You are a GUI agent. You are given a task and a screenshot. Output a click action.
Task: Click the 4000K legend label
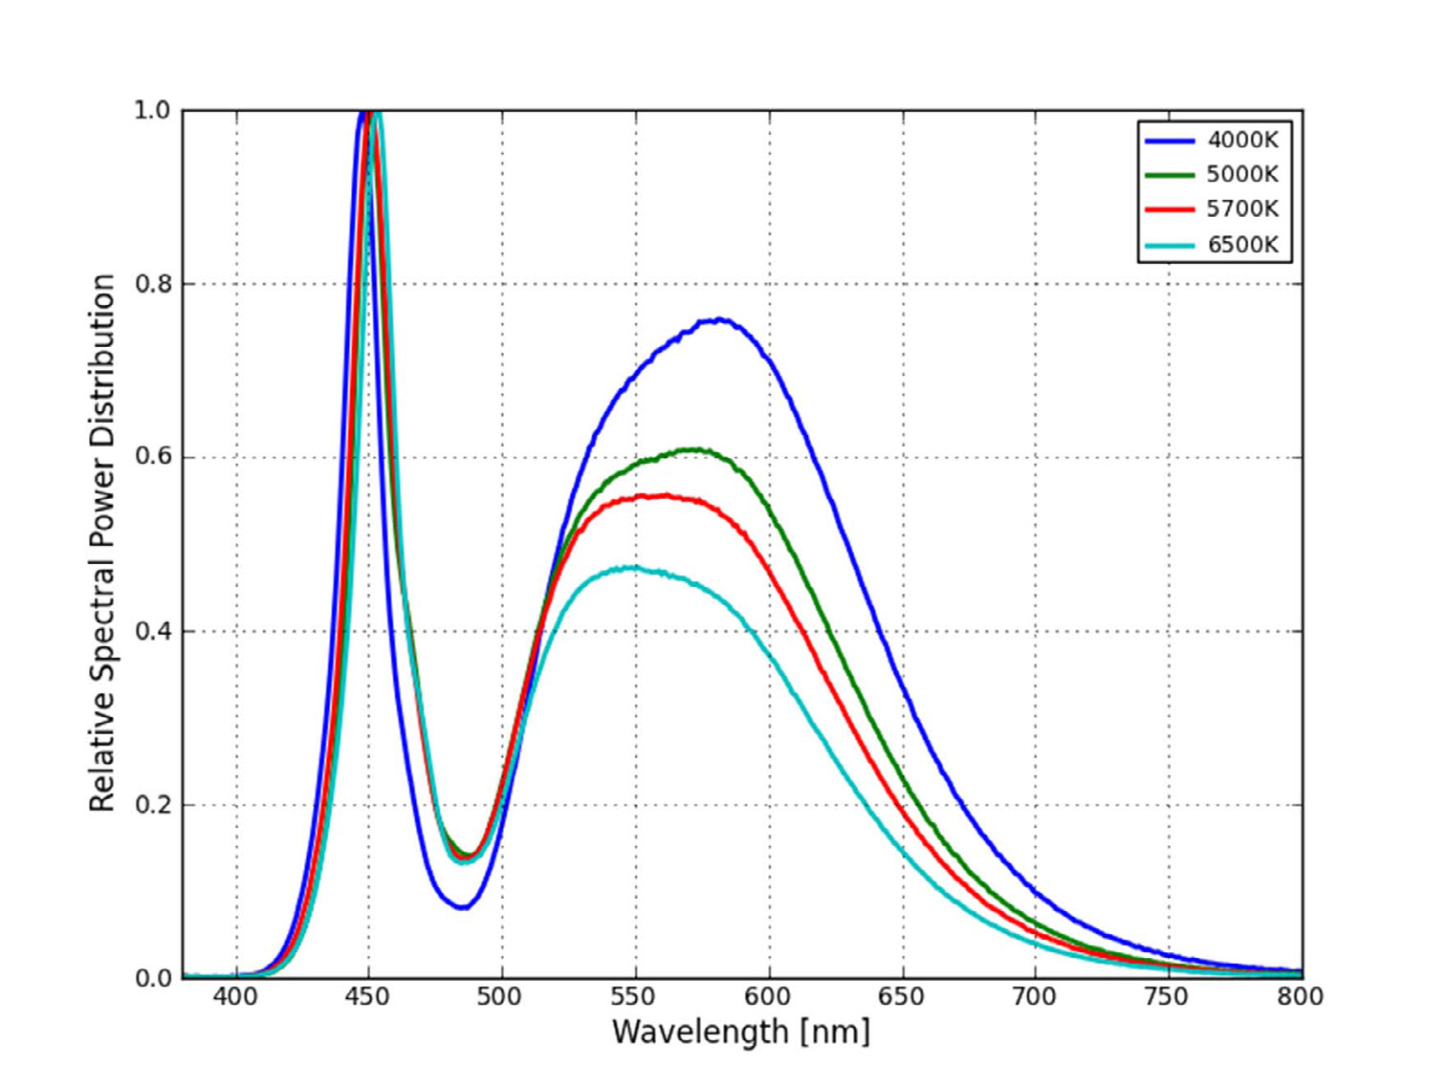point(1241,140)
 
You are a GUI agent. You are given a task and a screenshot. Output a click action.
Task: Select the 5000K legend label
point(1241,174)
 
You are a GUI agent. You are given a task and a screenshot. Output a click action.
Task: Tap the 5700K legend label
point(1241,208)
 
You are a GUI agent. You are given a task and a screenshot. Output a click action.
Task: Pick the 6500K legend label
point(1241,244)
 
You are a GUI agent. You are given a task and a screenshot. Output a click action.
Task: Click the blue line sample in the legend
point(1169,141)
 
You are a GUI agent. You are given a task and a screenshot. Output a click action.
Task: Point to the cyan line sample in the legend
point(1169,245)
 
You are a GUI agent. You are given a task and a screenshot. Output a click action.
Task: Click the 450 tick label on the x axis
point(367,997)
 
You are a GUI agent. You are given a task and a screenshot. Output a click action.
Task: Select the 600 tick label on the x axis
point(767,997)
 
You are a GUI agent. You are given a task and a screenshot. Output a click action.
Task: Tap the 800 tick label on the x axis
point(1299,997)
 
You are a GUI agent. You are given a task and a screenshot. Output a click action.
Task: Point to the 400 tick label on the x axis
point(235,997)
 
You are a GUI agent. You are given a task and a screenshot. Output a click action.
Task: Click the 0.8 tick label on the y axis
point(152,284)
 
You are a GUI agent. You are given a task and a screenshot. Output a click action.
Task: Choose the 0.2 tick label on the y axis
point(152,805)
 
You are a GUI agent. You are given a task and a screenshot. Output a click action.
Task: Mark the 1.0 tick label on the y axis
point(152,111)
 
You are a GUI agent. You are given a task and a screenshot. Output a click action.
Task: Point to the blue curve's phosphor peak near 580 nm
point(719,320)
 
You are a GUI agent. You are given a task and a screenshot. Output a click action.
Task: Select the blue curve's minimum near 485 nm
point(463,906)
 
